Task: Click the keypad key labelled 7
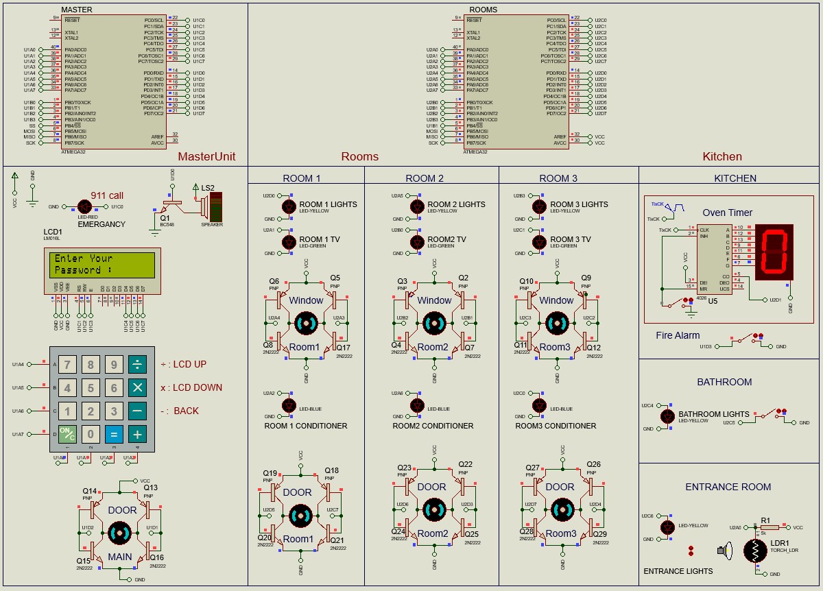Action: (x=67, y=364)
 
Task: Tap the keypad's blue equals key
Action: (x=114, y=434)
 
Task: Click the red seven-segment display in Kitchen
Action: (x=774, y=252)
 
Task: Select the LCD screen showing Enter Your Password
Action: (x=102, y=264)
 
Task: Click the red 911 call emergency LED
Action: (x=85, y=206)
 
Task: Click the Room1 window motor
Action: (x=306, y=323)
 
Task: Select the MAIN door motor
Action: (x=119, y=533)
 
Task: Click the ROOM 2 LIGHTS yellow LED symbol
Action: (x=416, y=206)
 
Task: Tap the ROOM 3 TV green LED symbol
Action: (x=539, y=241)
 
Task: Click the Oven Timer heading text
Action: (x=727, y=213)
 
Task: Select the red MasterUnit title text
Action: (x=206, y=156)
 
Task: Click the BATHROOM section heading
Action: (x=724, y=382)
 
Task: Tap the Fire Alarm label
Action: (x=678, y=335)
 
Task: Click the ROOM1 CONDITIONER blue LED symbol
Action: (x=289, y=405)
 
